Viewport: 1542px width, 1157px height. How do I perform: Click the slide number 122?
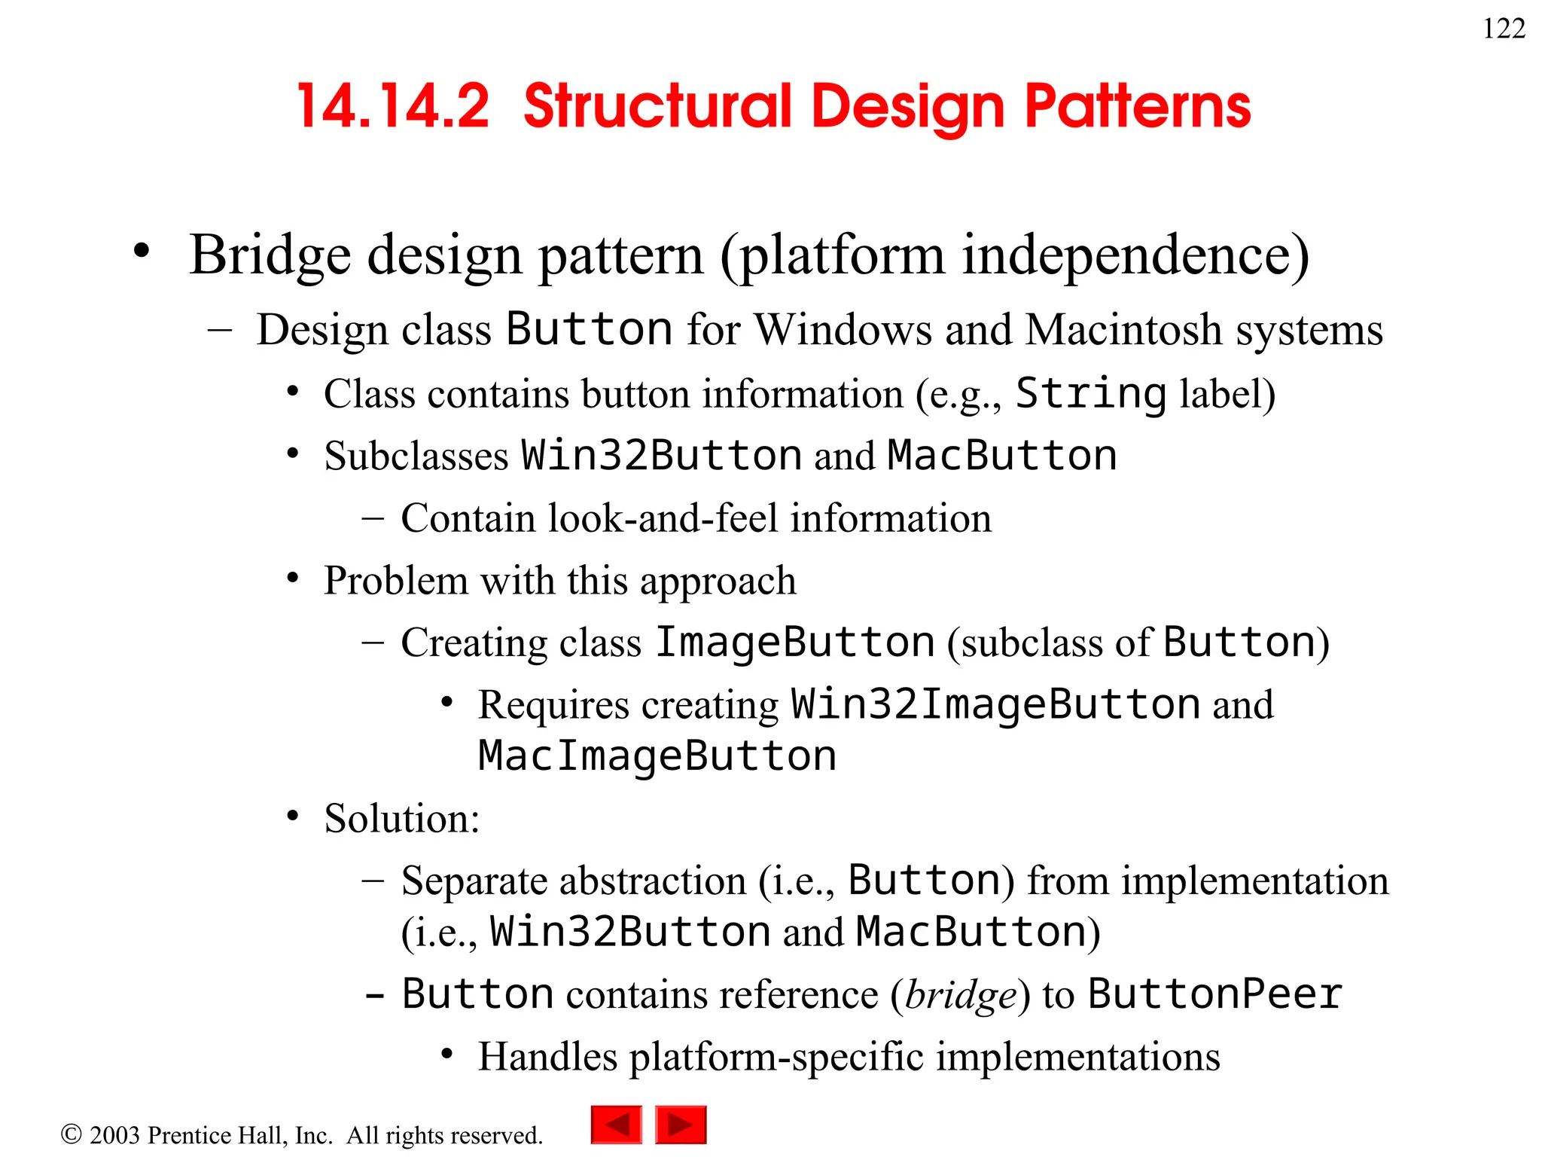click(x=1504, y=29)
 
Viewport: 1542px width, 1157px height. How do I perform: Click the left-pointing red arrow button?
click(x=617, y=1125)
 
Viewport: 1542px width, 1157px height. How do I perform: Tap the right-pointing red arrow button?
click(x=681, y=1125)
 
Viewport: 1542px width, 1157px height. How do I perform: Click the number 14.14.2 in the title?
click(x=393, y=106)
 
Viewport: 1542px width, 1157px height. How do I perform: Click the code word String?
click(x=1091, y=393)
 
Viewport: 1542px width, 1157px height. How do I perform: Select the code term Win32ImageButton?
click(x=995, y=704)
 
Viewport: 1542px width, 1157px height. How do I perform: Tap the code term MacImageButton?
click(x=657, y=756)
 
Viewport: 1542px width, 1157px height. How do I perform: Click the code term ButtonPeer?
click(x=1214, y=994)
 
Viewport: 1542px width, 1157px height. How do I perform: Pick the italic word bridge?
click(x=961, y=995)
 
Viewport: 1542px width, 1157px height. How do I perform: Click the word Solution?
click(x=402, y=818)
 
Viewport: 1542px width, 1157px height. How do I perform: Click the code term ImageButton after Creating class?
click(x=795, y=643)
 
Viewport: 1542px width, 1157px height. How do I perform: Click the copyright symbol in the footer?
click(x=71, y=1134)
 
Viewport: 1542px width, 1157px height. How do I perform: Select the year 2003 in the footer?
click(x=114, y=1135)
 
